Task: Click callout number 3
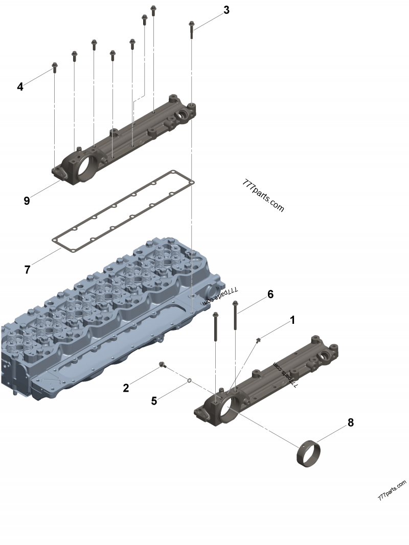click(226, 10)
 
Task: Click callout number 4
click(20, 87)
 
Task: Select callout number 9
click(27, 201)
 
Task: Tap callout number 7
click(28, 269)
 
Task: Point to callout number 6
click(270, 294)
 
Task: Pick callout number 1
click(292, 320)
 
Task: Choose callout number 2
click(126, 388)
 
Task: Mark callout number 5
click(154, 400)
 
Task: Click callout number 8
click(350, 422)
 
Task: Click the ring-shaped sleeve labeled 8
click(309, 453)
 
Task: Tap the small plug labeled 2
click(163, 364)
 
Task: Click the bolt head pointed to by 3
click(192, 24)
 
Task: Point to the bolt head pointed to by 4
click(55, 65)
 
